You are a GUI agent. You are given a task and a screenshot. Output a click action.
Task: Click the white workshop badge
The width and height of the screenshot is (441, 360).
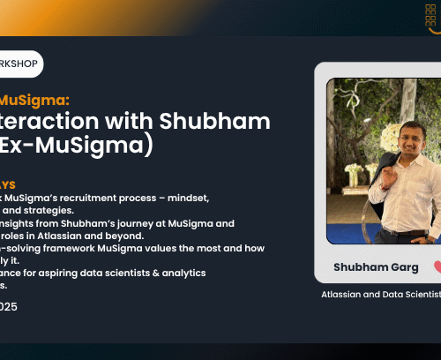point(19,64)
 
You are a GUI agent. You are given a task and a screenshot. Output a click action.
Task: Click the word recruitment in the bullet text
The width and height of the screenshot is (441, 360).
point(109,199)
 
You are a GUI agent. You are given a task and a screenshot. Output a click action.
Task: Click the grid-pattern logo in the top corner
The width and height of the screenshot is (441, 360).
point(430,16)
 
